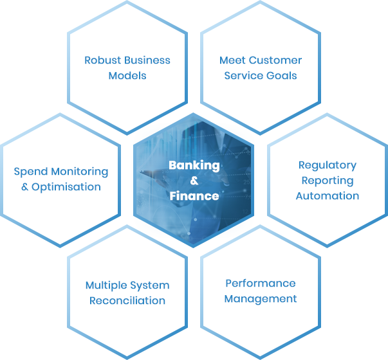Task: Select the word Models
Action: (x=127, y=76)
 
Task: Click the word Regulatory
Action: (x=327, y=165)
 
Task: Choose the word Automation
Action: (x=327, y=195)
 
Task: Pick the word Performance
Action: (x=261, y=283)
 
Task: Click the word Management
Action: (x=261, y=298)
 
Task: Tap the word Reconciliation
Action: (x=127, y=301)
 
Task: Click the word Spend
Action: (x=30, y=172)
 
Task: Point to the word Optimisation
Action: (x=66, y=187)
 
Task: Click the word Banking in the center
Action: (x=194, y=165)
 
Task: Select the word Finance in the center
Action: (x=194, y=195)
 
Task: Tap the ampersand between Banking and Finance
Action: (x=194, y=181)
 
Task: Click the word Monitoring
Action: (x=79, y=172)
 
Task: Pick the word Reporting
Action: (x=327, y=181)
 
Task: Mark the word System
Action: (x=151, y=285)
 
